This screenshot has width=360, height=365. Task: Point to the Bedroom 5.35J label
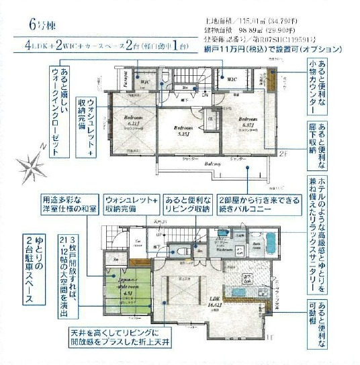coord(183,129)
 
